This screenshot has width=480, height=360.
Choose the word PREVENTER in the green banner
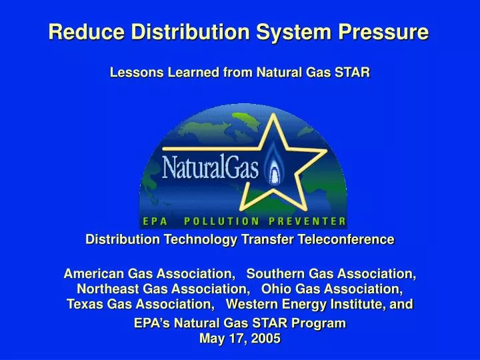coord(307,221)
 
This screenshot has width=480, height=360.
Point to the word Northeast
coord(107,289)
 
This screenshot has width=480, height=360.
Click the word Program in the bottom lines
coord(320,323)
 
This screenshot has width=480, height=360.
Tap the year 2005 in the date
coord(267,338)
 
